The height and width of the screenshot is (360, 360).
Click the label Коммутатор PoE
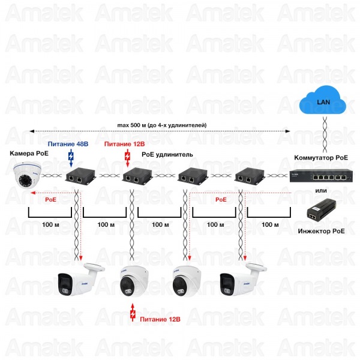click(321, 158)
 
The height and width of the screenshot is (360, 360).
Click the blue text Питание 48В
click(68, 145)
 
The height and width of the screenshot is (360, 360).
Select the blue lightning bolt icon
click(71, 158)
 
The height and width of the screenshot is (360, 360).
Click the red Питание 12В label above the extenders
click(124, 145)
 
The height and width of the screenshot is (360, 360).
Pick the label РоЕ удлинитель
click(167, 155)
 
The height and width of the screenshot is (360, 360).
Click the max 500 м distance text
click(163, 125)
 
